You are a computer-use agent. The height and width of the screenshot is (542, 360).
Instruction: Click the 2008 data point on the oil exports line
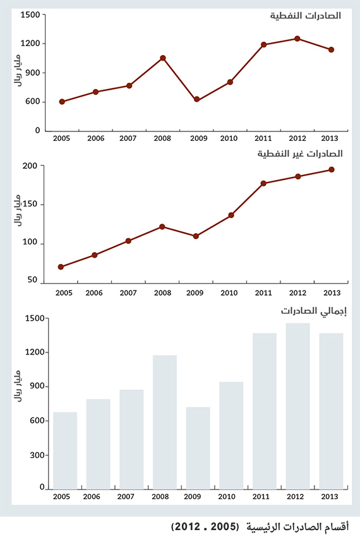163,58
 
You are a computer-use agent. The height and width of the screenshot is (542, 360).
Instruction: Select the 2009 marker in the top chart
196,100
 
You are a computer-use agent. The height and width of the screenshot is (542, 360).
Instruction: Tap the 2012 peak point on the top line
297,39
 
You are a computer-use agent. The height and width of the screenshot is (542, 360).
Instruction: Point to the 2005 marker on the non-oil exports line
61,267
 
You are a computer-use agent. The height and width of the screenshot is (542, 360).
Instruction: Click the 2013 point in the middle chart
331,169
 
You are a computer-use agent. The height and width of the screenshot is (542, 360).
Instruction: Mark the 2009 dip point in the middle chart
196,236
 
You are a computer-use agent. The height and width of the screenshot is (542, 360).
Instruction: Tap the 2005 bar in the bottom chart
65,450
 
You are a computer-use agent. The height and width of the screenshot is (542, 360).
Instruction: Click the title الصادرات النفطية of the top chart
306,15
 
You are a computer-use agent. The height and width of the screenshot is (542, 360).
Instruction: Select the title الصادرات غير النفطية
299,154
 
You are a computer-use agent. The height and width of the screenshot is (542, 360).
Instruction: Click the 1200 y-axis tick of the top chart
32,44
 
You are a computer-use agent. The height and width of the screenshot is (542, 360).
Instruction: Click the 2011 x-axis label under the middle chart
264,293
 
